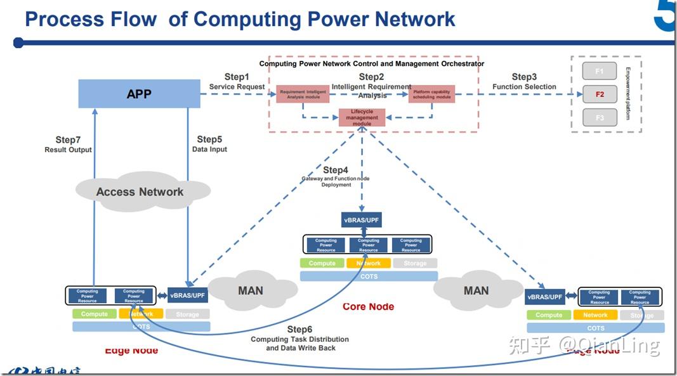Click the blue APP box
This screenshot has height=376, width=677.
(139, 94)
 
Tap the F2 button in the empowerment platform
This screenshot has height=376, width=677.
(599, 94)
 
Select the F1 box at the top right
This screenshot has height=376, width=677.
(599, 71)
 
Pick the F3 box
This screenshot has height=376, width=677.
(599, 118)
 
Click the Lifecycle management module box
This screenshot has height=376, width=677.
(362, 117)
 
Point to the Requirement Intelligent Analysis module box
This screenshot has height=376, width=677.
(303, 94)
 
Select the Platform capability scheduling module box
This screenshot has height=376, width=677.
(431, 94)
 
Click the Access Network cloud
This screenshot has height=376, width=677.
(140, 191)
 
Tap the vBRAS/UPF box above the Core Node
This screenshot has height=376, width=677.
(362, 220)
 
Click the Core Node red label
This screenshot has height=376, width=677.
(368, 307)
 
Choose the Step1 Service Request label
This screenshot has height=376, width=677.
(237, 82)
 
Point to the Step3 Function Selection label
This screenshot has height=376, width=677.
(524, 82)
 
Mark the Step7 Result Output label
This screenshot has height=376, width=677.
(68, 145)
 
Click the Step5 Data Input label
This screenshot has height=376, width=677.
(209, 144)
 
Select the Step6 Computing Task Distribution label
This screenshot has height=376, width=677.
(299, 339)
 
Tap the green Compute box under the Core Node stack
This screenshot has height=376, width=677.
(322, 263)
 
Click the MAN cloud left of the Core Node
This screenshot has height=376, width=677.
(251, 290)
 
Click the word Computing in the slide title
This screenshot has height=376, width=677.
(247, 19)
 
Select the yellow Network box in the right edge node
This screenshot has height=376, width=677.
(595, 315)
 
